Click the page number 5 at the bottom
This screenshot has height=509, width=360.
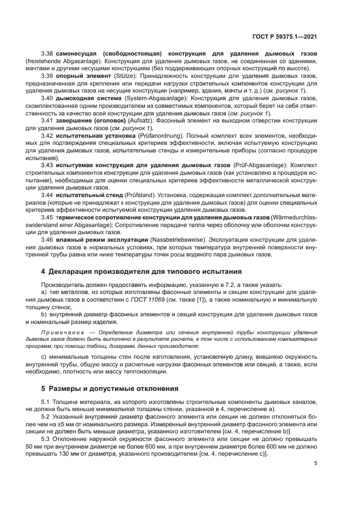pos(316,463)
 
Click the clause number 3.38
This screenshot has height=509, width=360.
pos(47,54)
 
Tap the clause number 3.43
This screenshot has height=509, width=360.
pos(47,163)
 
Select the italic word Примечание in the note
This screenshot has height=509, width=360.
pos(60,331)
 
